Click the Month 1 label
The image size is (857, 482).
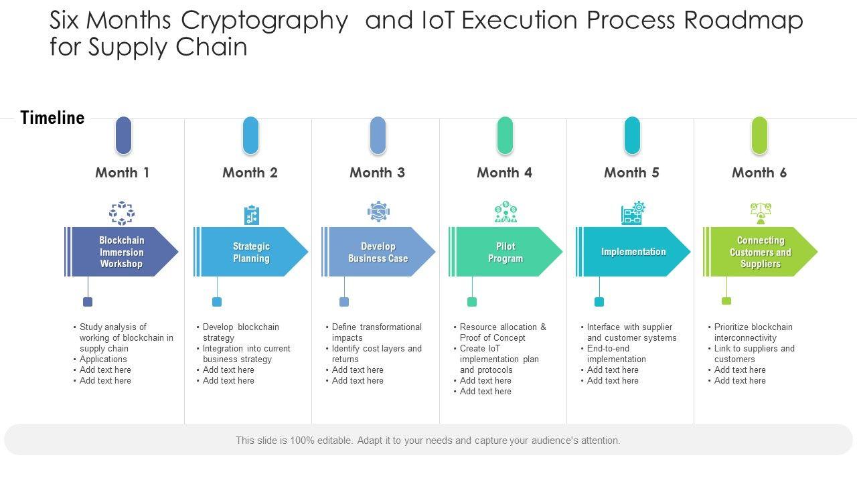pos(122,173)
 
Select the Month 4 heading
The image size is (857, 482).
pos(504,173)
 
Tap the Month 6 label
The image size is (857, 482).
pos(759,173)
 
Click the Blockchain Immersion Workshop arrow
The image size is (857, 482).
pos(121,252)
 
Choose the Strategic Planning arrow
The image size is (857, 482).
pos(251,252)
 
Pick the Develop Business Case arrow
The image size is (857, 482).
pos(378,252)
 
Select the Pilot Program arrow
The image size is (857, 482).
pos(505,252)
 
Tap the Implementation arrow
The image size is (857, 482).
pos(633,252)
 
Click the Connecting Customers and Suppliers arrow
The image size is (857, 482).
pos(760,252)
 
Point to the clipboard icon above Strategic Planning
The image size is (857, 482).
pos(251,215)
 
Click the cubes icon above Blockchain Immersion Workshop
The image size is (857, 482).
pos(122,214)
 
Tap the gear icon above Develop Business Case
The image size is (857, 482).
pos(378,212)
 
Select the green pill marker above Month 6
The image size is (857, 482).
pos(759,135)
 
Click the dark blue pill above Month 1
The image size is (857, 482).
pos(123,135)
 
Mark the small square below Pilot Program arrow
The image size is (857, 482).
pos(472,302)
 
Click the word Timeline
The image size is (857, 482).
pos(52,118)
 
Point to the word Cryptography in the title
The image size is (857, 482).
pos(264,21)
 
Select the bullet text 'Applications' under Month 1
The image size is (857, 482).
pos(103,359)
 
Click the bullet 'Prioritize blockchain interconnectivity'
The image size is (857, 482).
pos(753,332)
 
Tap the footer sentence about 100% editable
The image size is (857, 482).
pos(428,440)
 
